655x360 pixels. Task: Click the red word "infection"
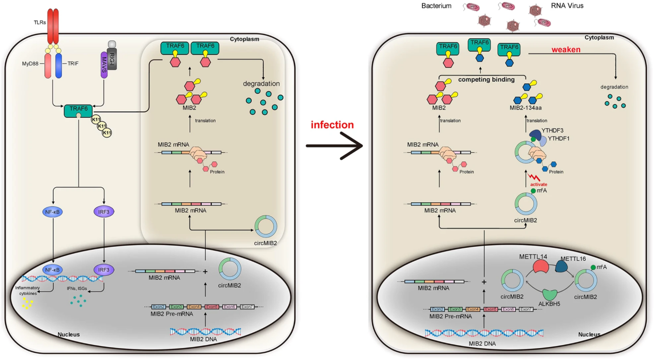click(x=332, y=125)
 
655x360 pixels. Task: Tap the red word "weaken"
click(x=566, y=50)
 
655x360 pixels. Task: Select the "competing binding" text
click(x=487, y=80)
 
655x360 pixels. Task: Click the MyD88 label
click(x=29, y=64)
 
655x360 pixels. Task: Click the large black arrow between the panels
click(x=335, y=146)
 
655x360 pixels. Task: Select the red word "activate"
click(x=539, y=184)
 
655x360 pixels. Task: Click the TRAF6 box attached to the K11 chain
click(x=78, y=109)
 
